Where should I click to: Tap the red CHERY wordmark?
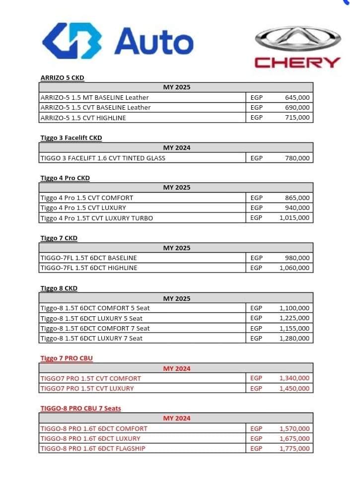pos(297,62)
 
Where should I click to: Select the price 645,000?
pos(297,97)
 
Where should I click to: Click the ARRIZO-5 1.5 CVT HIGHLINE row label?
pos(83,118)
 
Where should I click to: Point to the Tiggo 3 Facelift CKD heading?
pos(71,138)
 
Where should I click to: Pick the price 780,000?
pos(297,158)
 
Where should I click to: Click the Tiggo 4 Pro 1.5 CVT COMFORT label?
pos(86,198)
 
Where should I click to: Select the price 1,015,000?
pos(294,218)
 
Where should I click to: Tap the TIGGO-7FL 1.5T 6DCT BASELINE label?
pos(88,258)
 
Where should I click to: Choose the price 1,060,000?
pos(294,268)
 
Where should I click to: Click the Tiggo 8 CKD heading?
pos(59,288)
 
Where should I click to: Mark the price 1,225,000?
pos(294,318)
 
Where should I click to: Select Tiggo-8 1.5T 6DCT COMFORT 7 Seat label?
pos(95,328)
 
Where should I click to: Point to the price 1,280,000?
pos(294,339)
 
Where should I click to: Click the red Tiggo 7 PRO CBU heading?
pos(66,358)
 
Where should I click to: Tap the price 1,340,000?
pos(294,378)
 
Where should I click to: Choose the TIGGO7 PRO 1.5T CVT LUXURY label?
pos(87,388)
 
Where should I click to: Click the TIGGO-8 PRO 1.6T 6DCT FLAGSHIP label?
pos(92,448)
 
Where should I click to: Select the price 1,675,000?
pos(294,438)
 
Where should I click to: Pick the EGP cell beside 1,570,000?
pos(256,428)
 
